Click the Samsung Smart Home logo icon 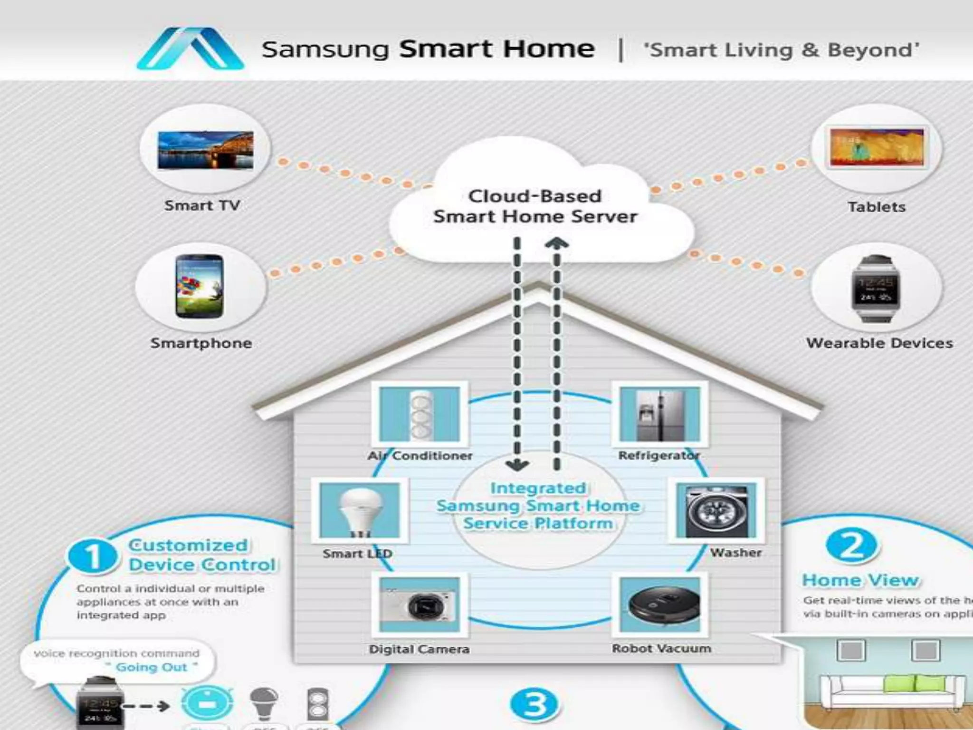191,49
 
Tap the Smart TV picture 205,150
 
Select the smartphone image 199,286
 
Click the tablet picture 877,148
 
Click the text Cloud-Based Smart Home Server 535,206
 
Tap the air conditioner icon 420,414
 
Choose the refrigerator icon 660,414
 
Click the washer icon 716,510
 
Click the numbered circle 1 92,556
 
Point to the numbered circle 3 535,704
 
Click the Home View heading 860,580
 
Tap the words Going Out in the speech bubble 152,667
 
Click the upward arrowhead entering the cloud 557,244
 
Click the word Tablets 877,207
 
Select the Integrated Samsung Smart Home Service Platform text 538,506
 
